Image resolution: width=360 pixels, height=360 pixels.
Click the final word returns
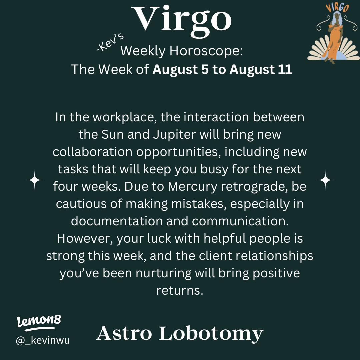click(180, 291)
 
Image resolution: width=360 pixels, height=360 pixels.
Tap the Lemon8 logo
click(39, 322)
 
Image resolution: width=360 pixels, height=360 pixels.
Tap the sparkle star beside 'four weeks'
click(35, 180)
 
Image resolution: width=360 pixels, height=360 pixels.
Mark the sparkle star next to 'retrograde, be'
click(325, 180)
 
